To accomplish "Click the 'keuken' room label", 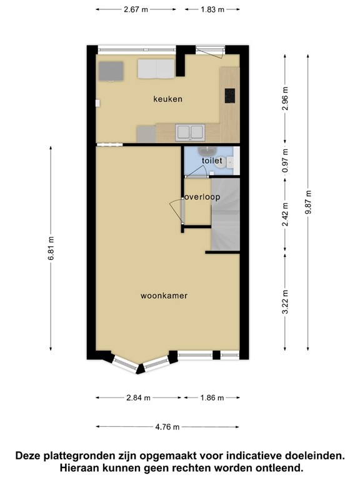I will click(x=167, y=99).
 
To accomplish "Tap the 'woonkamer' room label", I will click(x=165, y=296).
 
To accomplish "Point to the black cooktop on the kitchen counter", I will click(x=229, y=95).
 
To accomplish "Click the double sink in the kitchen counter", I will click(x=191, y=132).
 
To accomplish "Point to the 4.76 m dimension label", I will click(x=167, y=427).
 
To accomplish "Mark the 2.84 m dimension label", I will click(x=138, y=397).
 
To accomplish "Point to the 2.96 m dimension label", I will click(x=285, y=100).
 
